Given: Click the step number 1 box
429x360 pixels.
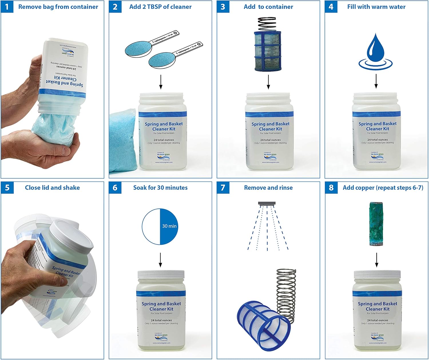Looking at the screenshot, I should (7, 7).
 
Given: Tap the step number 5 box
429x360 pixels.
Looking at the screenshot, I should (7, 188).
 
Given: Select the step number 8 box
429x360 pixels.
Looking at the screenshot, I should (331, 188).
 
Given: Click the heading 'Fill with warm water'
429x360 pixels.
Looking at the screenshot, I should (376, 7).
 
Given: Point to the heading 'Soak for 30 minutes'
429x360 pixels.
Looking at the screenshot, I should (160, 188).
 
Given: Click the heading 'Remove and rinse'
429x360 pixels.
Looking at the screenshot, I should (268, 188).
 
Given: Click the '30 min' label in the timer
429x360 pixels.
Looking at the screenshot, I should (169, 226).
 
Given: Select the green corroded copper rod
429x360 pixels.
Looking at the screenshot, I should (376, 224).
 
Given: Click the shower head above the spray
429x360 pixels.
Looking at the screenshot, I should (267, 203).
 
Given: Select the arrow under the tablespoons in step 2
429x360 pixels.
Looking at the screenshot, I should (161, 82).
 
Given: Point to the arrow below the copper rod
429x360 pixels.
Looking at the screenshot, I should (376, 260).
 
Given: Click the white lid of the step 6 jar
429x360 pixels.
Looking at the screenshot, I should (161, 274).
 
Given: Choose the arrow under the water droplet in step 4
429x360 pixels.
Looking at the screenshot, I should (376, 81).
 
